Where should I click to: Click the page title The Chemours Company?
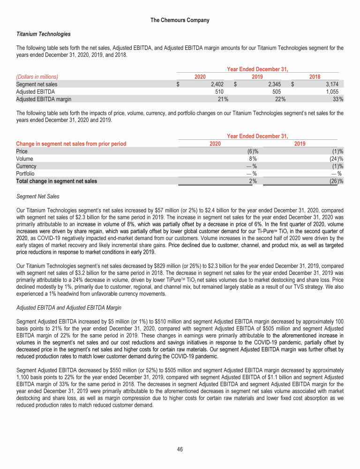pos(180,20)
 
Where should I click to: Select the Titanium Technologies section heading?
pos(44,34)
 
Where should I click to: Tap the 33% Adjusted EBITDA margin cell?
pos(337,99)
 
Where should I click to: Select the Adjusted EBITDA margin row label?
pos(44,99)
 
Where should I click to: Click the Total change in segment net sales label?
pos(57,181)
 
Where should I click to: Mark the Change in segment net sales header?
pos(71,144)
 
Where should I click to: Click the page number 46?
pos(180,449)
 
